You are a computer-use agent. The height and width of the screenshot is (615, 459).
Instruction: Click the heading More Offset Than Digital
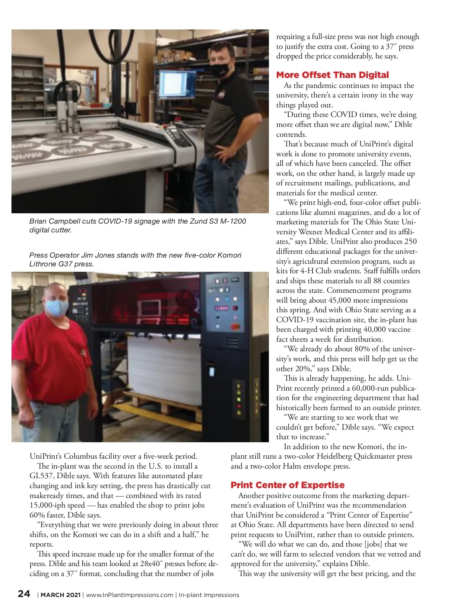[332, 75]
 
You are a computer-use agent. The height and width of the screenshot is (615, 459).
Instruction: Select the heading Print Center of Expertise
[287, 485]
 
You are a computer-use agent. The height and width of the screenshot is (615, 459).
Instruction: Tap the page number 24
[24, 594]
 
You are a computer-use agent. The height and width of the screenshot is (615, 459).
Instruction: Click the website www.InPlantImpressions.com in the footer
[130, 595]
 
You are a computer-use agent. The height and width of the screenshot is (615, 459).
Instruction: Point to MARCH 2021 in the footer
[60, 595]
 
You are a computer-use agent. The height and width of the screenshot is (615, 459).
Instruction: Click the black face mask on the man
[221, 69]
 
